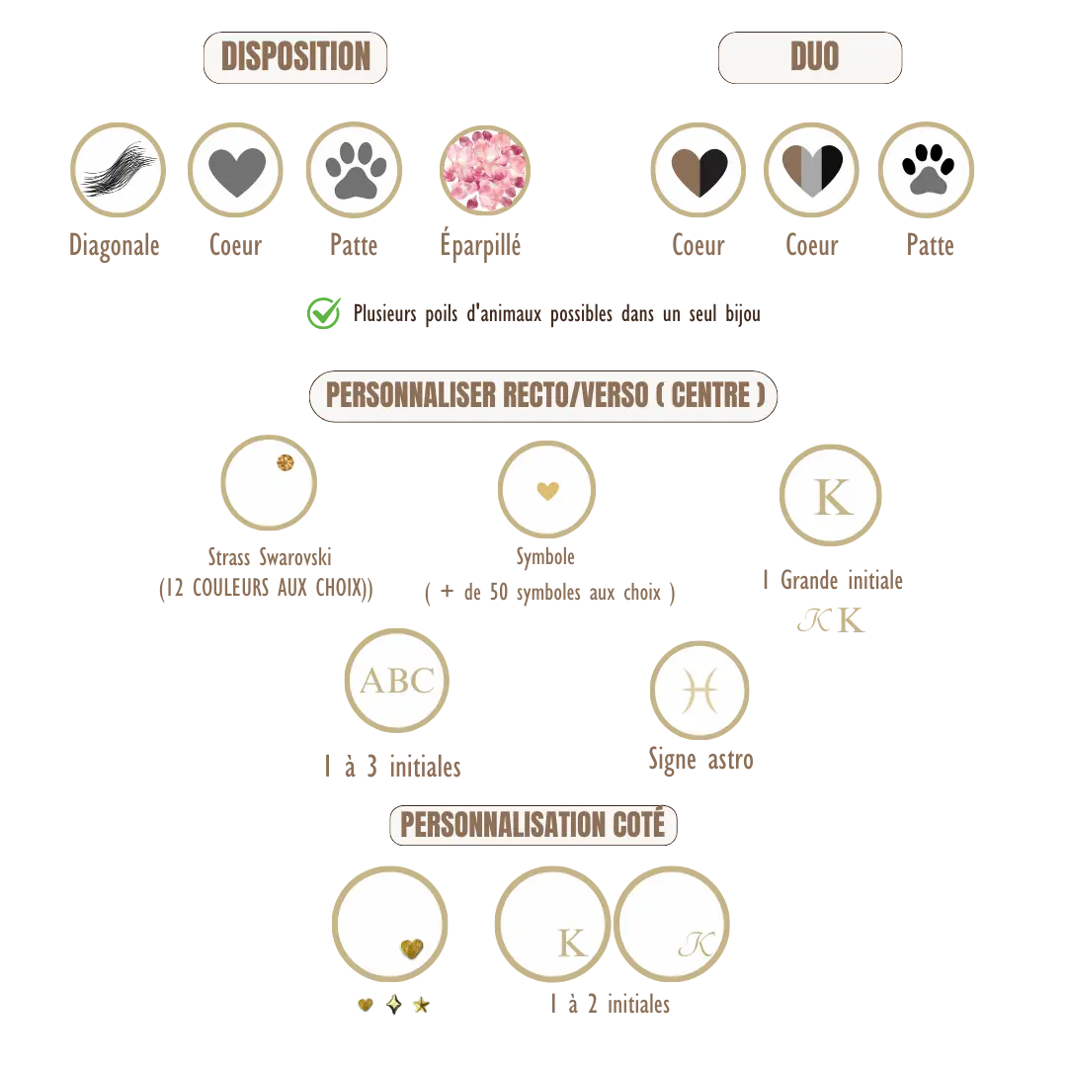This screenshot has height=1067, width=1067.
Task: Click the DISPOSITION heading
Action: point(295,56)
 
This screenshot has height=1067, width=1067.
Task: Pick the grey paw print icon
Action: point(356,170)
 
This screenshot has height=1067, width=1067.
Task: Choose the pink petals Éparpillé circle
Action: point(484,170)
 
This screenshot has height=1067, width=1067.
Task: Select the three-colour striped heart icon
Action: point(812,171)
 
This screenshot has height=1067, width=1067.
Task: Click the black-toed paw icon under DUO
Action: point(928,170)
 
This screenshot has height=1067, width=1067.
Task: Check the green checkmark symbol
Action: point(324,313)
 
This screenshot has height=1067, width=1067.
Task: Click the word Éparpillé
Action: point(480,245)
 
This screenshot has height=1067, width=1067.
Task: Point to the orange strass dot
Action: point(286,462)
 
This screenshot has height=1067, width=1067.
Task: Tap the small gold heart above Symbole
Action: point(547,490)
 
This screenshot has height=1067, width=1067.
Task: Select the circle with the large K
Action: point(830,495)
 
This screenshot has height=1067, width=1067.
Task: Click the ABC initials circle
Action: point(397,681)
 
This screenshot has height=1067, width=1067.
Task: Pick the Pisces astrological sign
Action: point(699,691)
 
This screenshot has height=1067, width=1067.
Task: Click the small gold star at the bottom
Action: point(421,1005)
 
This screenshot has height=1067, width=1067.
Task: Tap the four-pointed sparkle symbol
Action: point(394,1004)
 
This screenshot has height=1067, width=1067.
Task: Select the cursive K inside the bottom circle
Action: point(697,944)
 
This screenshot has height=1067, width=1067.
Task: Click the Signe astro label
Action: point(700,760)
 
